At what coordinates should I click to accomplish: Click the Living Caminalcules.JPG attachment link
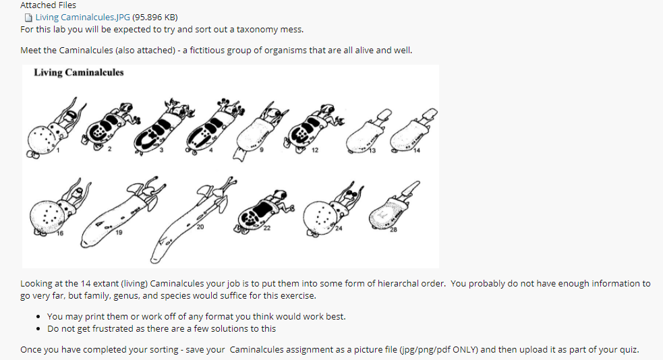tap(82, 17)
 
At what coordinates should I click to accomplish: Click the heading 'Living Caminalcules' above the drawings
tap(79, 73)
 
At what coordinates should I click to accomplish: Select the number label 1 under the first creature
tap(58, 150)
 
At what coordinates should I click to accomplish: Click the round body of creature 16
tap(49, 216)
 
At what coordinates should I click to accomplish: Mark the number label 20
tap(200, 227)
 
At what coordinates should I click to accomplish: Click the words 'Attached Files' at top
tap(48, 5)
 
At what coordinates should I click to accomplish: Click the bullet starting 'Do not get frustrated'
tap(161, 328)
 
